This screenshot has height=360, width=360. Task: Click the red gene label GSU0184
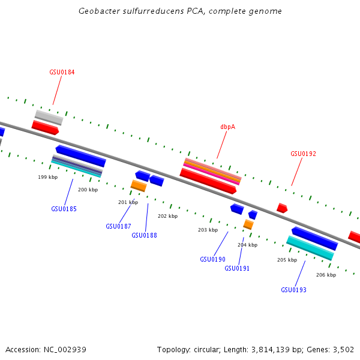[x=62, y=72]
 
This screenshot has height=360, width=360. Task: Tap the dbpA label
[x=227, y=127]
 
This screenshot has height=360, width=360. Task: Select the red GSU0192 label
[x=303, y=154]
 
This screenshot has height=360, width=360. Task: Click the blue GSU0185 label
[x=64, y=209]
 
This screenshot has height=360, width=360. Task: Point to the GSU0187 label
[x=118, y=226]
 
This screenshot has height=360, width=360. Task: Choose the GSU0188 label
[x=144, y=235]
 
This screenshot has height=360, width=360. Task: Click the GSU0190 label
[x=212, y=259]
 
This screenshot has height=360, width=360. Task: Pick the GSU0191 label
[x=237, y=268]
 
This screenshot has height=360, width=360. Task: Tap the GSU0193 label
[x=293, y=290]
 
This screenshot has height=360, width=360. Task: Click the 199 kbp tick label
[x=48, y=177]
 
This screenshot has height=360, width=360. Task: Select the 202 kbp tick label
[x=168, y=216]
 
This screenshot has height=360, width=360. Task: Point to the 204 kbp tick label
[x=247, y=245]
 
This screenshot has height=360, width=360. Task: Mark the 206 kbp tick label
[x=326, y=275]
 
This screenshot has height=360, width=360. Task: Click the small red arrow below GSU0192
[x=282, y=208]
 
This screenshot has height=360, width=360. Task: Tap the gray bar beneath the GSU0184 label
[x=49, y=117]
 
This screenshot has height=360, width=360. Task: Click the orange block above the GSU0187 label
[x=139, y=186]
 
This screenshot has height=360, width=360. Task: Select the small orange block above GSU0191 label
[x=248, y=224]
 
